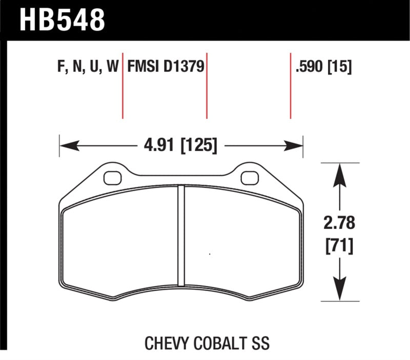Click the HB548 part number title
point(62,20)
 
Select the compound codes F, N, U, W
point(85,67)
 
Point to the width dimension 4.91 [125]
point(180,146)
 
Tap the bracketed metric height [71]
point(339,246)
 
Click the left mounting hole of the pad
point(111,178)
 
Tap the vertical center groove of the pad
point(180,236)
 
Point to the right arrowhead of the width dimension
point(298,146)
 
